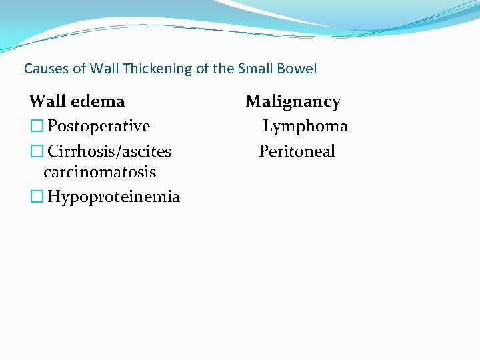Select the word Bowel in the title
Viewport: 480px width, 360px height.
[298, 69]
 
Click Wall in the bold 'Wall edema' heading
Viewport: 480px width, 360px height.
[47, 101]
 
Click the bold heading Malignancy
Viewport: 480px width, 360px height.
[293, 101]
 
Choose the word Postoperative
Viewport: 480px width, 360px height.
[99, 126]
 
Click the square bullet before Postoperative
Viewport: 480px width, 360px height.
[36, 127]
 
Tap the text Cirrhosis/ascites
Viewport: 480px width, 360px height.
[109, 151]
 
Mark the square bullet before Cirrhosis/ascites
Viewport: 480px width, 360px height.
[36, 152]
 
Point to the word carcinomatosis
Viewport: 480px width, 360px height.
[99, 172]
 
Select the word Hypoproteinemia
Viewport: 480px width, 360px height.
[113, 197]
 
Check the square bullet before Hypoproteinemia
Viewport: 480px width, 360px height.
[36, 197]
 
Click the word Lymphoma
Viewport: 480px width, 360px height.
[305, 126]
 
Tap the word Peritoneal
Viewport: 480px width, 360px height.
[297, 151]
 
